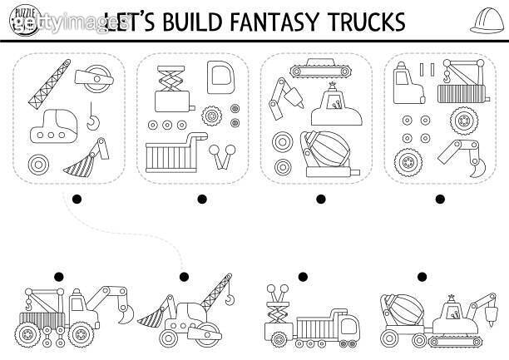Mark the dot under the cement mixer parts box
pos(321,199)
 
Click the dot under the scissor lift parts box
pos(202,199)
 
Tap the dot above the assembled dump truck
pos(303,277)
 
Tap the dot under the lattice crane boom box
pos(77,199)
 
